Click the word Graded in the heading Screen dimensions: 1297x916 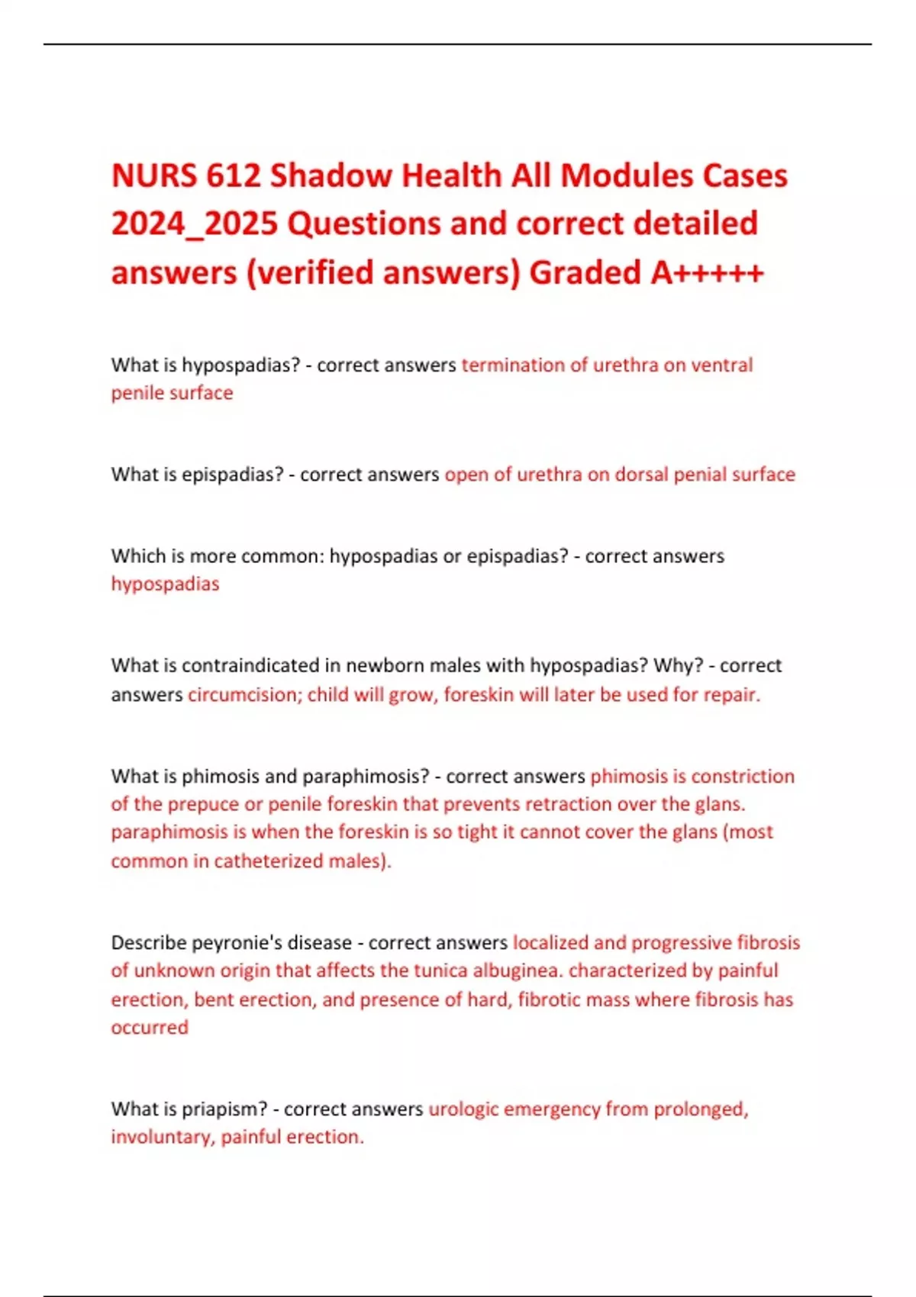pos(585,272)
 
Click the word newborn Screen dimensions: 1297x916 pos(385,665)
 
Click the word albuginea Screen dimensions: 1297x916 pos(518,970)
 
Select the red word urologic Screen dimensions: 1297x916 pos(463,1109)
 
